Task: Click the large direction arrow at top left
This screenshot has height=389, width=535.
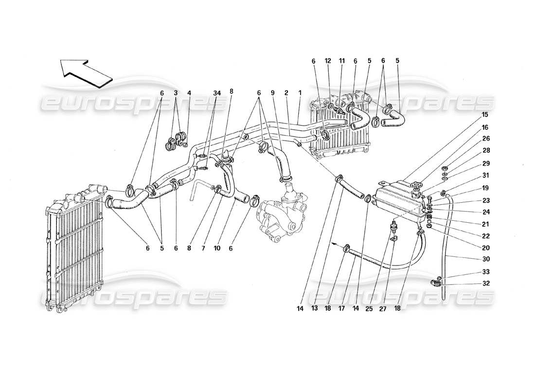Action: [x=86, y=72]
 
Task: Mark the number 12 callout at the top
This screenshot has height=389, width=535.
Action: [x=328, y=61]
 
